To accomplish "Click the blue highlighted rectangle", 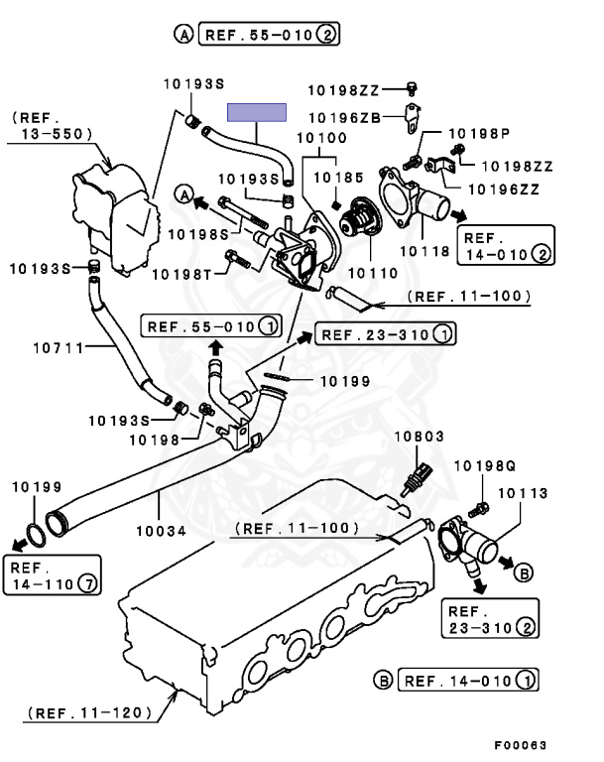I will click(257, 112).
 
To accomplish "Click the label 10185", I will click(333, 176).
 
